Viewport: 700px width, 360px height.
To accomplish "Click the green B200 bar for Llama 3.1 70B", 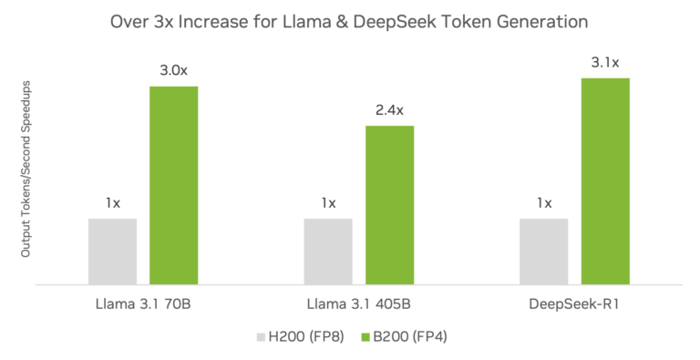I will coord(173,185).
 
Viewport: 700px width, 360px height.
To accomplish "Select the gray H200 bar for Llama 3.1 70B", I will coord(112,252).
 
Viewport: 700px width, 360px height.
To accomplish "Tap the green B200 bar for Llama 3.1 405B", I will coord(389,205).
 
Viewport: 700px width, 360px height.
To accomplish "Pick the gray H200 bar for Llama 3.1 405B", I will coord(328,252).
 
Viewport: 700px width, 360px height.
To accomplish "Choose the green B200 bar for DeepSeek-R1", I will coord(605,181).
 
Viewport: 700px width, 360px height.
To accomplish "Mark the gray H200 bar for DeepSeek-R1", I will coord(544,252).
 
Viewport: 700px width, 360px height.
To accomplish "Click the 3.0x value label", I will coord(173,70).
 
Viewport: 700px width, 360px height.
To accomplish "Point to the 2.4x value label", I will coord(389,110).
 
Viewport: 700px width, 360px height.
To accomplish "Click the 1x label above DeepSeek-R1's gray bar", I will coord(544,203).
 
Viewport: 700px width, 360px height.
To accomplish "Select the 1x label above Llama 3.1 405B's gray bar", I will coord(328,203).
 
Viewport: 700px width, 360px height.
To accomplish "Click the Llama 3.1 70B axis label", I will coord(142,303).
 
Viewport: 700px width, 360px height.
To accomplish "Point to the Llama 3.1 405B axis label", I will coord(358,303).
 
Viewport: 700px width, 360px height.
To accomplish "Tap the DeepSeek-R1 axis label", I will coord(574,303).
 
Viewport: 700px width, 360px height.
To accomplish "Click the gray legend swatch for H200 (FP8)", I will coord(261,337).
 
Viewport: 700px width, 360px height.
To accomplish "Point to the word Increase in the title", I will coord(225,20).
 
